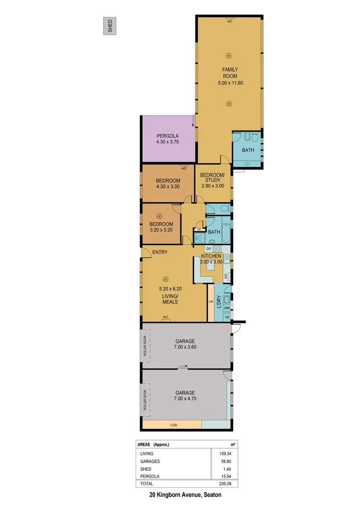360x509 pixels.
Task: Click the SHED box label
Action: coord(110,26)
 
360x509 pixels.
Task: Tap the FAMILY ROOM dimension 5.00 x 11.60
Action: coord(230,83)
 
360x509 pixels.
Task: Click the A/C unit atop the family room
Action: coord(230,21)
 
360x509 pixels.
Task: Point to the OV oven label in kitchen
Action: coord(208,248)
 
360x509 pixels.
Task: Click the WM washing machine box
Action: coord(227,308)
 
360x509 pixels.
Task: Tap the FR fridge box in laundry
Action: coord(227,318)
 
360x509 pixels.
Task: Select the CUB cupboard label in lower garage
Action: coord(174,425)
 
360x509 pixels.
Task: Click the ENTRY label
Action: coord(160,252)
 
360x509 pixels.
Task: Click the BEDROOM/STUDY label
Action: coord(213,178)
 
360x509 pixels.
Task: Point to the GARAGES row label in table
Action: coord(150,461)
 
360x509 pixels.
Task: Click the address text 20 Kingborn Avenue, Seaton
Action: coord(185,495)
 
